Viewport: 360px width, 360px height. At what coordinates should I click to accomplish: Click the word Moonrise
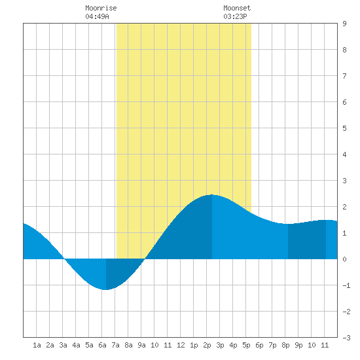[101, 8]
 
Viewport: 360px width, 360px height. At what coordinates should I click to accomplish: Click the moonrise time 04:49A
[97, 16]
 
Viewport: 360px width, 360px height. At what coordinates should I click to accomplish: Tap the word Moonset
[237, 8]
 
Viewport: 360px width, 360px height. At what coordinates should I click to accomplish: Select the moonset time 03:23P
[235, 16]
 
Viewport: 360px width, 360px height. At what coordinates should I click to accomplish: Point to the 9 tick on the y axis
[344, 24]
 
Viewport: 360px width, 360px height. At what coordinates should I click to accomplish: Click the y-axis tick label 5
[344, 128]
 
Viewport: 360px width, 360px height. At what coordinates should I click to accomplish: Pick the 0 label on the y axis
[344, 259]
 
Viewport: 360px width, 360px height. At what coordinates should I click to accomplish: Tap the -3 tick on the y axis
[346, 338]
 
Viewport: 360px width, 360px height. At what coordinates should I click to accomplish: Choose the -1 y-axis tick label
[346, 285]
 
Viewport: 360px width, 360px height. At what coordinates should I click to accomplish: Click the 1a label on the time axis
[37, 345]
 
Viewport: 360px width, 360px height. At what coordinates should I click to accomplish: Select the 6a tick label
[102, 345]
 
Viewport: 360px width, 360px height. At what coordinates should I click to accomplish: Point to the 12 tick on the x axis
[181, 345]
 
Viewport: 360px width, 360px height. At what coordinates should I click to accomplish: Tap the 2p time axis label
[207, 345]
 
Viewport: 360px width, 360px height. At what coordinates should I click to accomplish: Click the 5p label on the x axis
[246, 345]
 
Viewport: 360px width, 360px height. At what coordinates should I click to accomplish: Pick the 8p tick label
[285, 345]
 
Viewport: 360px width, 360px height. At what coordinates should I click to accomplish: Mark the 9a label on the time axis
[141, 345]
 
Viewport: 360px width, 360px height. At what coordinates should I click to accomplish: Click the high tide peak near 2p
[211, 195]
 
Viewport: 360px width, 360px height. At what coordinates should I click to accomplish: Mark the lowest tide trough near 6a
[105, 289]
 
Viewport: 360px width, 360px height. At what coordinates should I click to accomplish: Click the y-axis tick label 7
[344, 76]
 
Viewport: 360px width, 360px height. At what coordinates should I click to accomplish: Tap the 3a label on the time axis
[63, 345]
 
